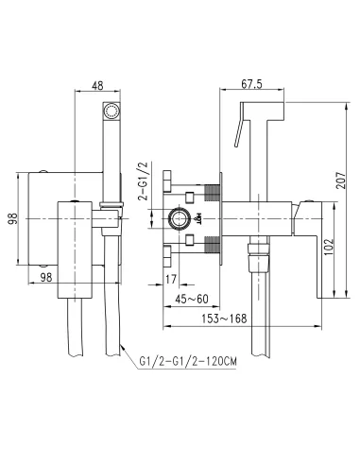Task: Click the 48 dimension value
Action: tap(97, 85)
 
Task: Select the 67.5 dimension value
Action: tap(251, 84)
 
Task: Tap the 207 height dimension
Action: tap(341, 180)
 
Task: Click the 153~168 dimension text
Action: tap(224, 319)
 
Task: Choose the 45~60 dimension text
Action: tap(192, 299)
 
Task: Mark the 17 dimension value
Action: tap(171, 279)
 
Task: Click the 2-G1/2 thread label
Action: tap(144, 181)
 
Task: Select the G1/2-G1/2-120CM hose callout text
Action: tap(188, 361)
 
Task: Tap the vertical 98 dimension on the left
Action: tap(13, 218)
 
